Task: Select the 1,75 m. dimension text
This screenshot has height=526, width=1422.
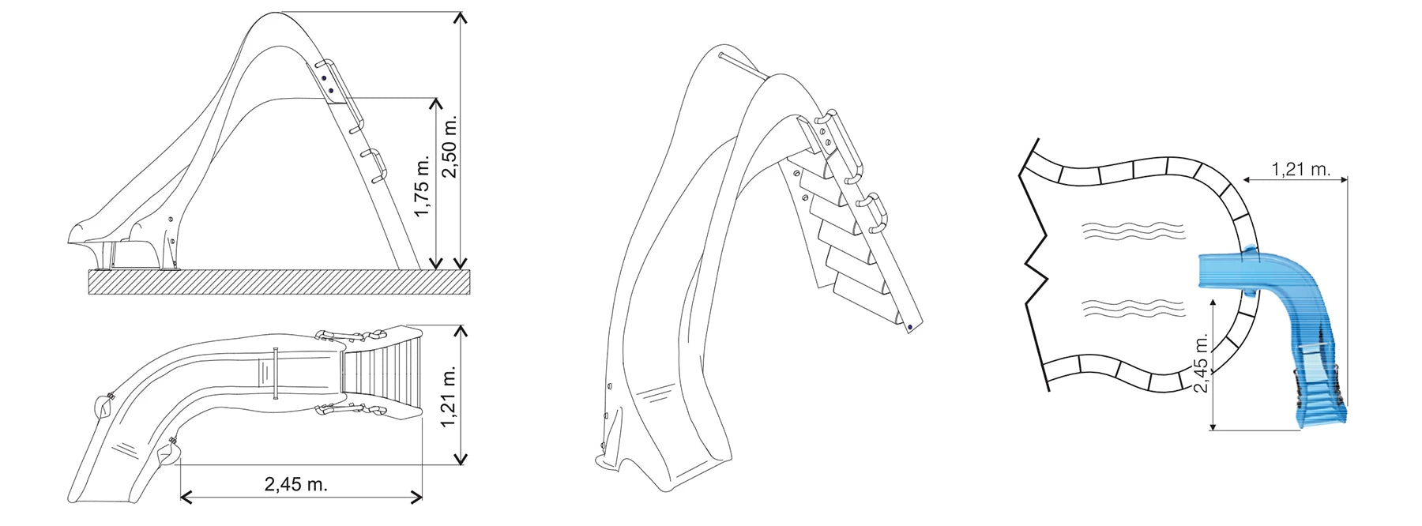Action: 423,188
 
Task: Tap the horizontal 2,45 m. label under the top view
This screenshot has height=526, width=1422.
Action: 295,484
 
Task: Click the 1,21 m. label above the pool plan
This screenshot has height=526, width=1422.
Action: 1301,169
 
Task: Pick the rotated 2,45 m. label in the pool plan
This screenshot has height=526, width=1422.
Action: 1201,363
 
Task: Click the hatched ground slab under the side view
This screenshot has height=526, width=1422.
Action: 280,282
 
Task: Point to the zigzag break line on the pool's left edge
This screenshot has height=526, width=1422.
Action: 1036,261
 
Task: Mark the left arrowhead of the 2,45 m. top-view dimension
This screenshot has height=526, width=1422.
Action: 187,496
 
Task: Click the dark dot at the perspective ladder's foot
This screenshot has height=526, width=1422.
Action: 910,327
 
